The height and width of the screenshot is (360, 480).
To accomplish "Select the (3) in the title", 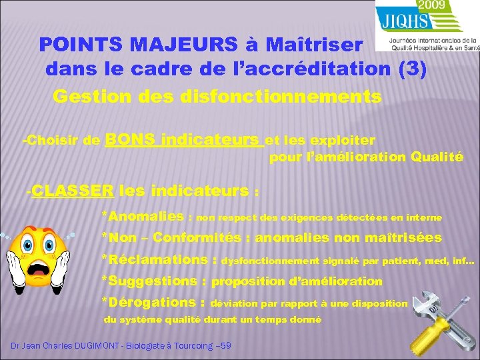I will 411,69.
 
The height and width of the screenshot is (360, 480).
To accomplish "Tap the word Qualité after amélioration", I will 437,157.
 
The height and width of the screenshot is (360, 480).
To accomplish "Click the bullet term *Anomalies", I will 143,216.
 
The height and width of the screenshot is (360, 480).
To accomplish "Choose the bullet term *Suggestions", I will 150,281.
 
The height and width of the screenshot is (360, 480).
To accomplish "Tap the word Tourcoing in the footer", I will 190,345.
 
